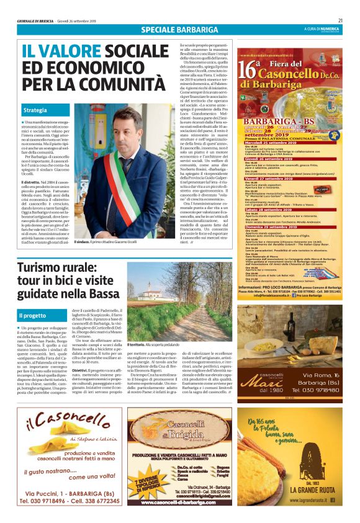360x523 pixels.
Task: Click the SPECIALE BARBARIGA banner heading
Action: click(179, 30)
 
